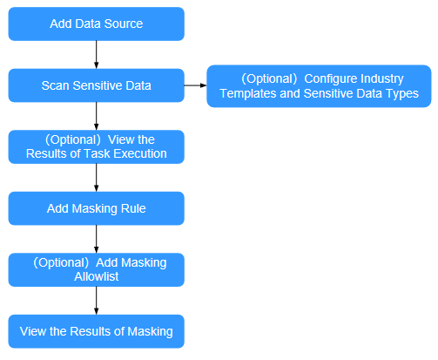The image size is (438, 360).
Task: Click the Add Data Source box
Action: (96, 24)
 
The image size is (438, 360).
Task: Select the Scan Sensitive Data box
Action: (96, 85)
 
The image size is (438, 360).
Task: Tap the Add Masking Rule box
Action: (96, 208)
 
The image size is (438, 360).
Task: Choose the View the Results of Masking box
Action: (96, 331)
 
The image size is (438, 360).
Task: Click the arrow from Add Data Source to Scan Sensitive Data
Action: (96, 55)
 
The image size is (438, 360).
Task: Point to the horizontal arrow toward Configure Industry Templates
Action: (195, 85)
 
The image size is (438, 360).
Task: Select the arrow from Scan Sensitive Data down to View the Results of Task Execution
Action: (96, 116)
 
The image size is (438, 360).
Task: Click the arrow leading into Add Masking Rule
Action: (96, 178)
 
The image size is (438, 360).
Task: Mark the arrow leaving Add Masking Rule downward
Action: (96, 239)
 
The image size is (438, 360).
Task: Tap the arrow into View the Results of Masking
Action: (96, 301)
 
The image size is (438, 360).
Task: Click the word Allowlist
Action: (97, 276)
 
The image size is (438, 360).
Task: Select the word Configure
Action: (327, 79)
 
